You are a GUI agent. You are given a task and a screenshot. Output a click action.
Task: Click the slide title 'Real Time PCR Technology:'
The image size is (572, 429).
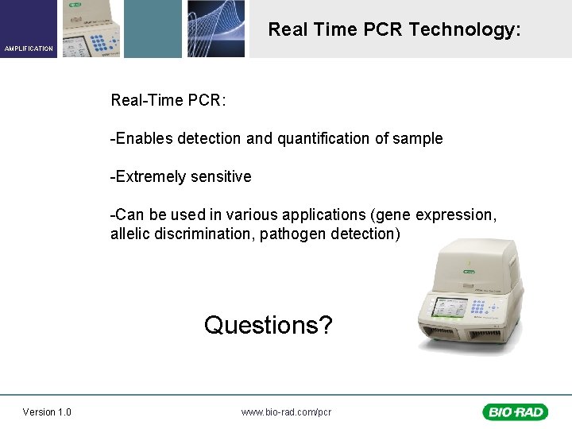tap(395, 30)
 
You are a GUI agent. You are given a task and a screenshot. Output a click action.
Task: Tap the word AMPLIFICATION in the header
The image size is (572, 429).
tap(29, 48)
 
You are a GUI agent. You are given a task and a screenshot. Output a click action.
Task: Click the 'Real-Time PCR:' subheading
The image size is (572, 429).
tap(168, 101)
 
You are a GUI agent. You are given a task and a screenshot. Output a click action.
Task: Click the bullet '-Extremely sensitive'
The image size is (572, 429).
tap(181, 176)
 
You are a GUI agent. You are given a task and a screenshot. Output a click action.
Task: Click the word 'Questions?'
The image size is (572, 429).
tap(269, 325)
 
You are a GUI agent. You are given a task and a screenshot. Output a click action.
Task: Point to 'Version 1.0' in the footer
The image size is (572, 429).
tap(47, 412)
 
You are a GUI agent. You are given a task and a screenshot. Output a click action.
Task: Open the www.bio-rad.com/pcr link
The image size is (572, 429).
tap(286, 412)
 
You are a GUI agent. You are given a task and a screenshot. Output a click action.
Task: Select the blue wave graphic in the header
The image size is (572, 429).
tap(215, 29)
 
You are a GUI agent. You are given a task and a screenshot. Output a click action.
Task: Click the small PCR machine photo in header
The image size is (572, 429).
tap(89, 29)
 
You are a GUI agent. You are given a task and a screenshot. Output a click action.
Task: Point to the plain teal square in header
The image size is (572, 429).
tap(153, 29)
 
